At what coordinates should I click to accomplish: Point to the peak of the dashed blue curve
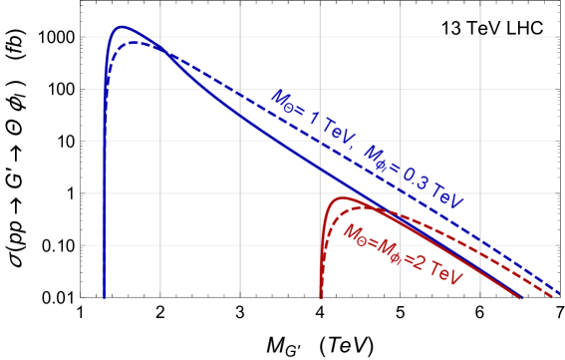coord(138,43)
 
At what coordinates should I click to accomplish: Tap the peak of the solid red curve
coord(344,198)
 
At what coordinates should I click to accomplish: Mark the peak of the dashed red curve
coord(355,205)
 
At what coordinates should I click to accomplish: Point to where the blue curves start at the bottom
coord(105,296)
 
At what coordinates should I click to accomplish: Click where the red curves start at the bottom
coord(321,296)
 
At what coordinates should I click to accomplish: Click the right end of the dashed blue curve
coord(559,293)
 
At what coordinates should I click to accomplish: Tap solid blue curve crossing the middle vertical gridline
coord(320,167)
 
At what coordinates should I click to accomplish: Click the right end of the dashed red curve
coord(554,296)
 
